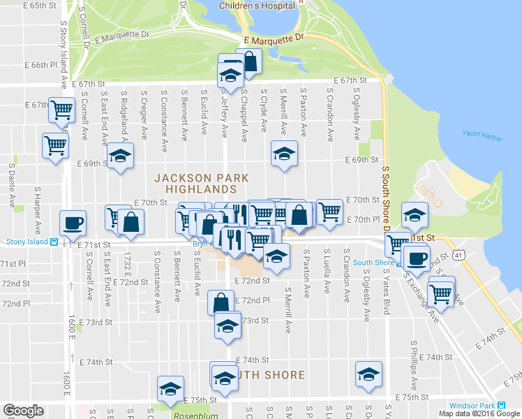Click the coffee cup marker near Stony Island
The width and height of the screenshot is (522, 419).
click(73, 223)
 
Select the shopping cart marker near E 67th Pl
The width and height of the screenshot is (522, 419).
click(62, 109)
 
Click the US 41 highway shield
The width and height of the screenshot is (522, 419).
click(458, 256)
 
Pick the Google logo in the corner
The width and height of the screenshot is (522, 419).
click(23, 411)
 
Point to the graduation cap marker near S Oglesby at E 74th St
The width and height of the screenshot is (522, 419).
click(368, 374)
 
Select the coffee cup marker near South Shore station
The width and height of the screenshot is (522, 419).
click(417, 258)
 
